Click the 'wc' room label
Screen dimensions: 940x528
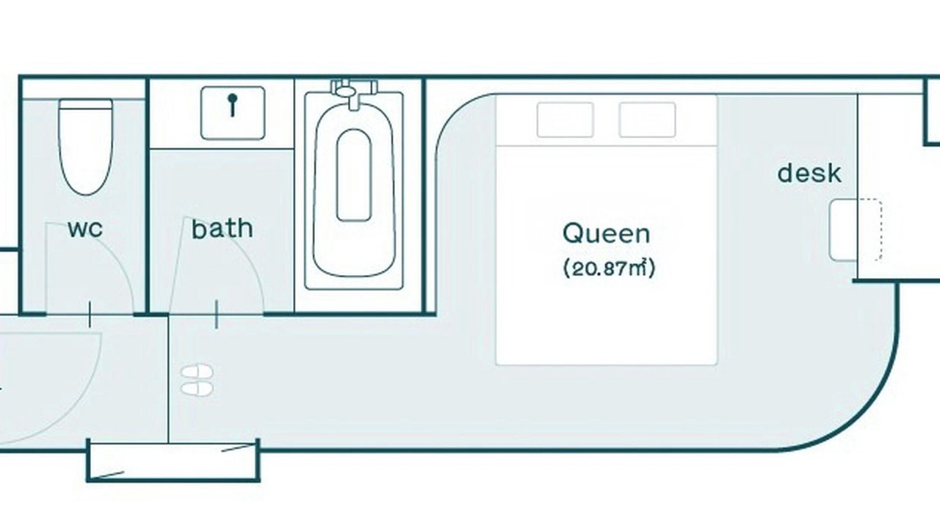85,229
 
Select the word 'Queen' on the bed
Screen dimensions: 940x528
607,233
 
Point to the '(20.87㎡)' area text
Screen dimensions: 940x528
609,268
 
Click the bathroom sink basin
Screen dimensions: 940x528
233,113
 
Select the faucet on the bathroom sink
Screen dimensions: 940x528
233,105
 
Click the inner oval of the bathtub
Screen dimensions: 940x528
354,175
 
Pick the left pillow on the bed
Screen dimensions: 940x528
565,120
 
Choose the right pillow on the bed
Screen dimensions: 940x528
647,120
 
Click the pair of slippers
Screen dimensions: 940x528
197,380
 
